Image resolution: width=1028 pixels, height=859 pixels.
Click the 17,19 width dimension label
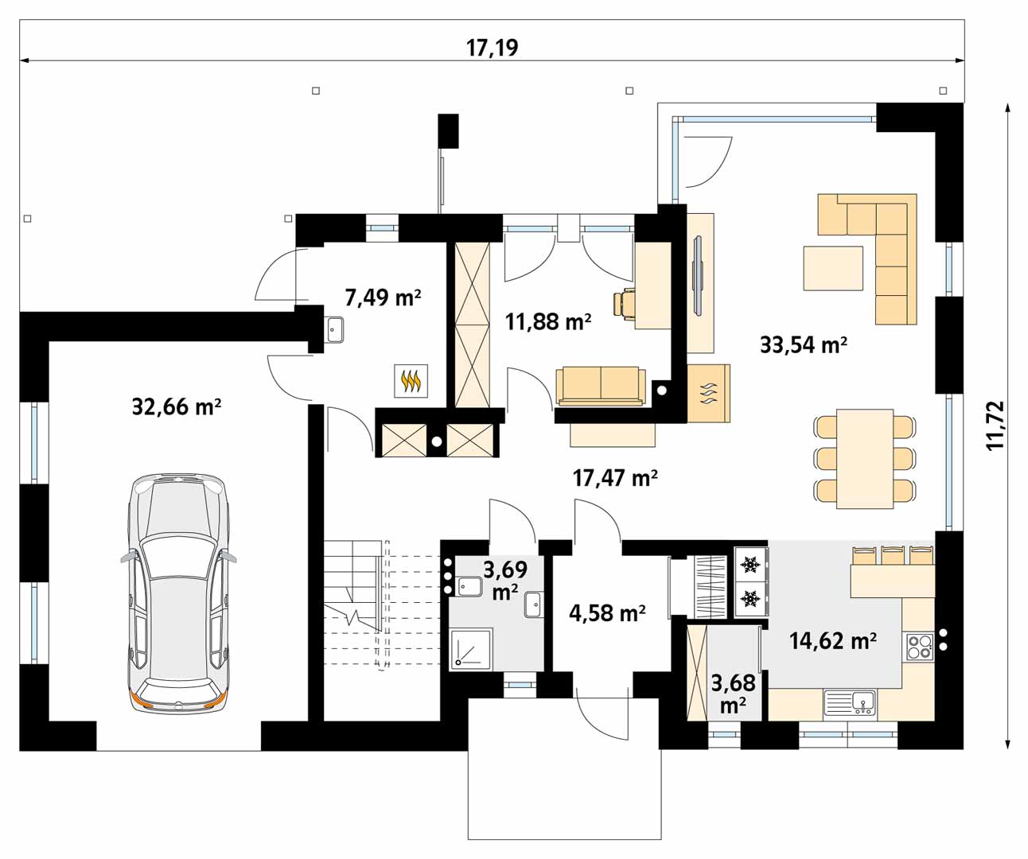coord(492,48)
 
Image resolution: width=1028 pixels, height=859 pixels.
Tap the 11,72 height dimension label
coord(995,426)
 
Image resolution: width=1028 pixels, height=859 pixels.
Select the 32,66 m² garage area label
coord(177,406)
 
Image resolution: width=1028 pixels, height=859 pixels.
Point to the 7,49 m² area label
coord(383,297)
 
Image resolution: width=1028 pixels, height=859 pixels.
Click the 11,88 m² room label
coord(548,321)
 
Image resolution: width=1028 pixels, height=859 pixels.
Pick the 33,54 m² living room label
coord(804,344)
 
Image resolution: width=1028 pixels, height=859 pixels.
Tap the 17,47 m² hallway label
coord(615,477)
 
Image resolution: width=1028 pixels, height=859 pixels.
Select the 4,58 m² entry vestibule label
coord(607,613)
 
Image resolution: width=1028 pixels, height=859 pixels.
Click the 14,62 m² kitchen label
coord(833,640)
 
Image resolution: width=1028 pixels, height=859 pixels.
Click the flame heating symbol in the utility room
coord(411,380)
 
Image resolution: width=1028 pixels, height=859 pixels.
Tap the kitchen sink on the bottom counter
coord(850,702)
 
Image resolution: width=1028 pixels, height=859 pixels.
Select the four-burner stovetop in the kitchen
coord(920,647)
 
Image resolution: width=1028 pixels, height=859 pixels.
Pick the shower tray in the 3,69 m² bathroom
coord(471,649)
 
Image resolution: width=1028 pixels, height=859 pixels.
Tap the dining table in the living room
coord(865,459)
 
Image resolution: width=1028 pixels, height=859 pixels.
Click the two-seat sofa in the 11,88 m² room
coord(601,387)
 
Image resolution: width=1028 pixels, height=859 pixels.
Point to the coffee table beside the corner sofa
coord(833,268)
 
